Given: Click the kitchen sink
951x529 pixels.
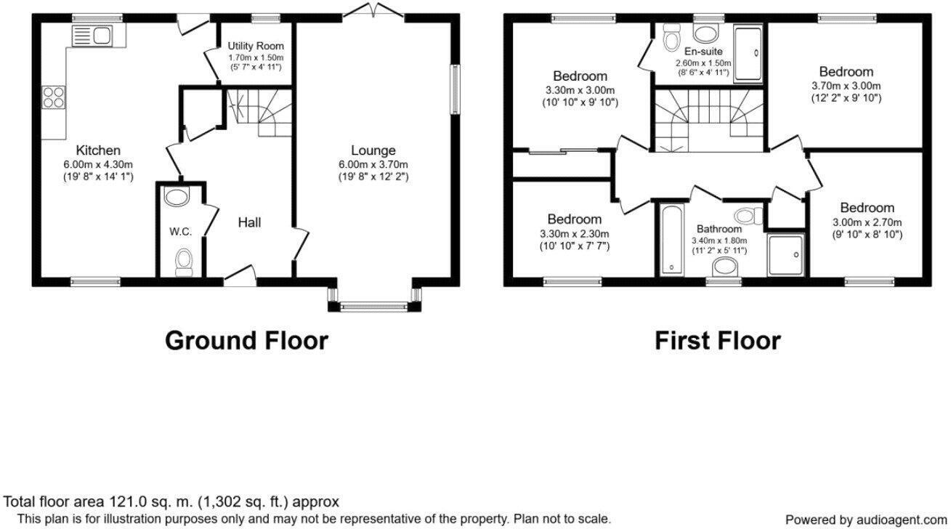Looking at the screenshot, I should click(x=91, y=35).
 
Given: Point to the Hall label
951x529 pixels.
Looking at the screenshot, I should click(x=249, y=222).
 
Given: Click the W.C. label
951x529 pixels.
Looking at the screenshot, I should click(x=181, y=232).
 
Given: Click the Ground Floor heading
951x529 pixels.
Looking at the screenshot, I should click(x=246, y=340).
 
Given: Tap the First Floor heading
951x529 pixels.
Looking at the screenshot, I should click(x=718, y=340).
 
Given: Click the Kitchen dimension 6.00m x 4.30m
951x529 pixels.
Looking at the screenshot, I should click(x=98, y=164).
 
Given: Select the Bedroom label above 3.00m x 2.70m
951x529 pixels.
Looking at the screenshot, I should click(x=867, y=208).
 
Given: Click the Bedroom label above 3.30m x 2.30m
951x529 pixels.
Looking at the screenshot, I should click(x=574, y=219).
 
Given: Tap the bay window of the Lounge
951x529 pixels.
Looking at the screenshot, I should click(x=374, y=306).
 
